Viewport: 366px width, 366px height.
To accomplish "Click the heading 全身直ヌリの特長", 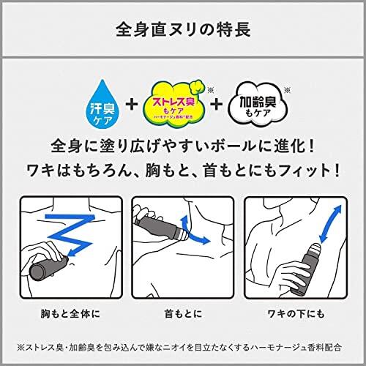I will pyautogui.click(x=182, y=31).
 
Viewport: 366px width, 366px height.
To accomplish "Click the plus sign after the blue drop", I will pyautogui.click(x=132, y=104).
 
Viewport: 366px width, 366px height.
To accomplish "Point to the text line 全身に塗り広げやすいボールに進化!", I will pyautogui.click(x=182, y=145).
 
